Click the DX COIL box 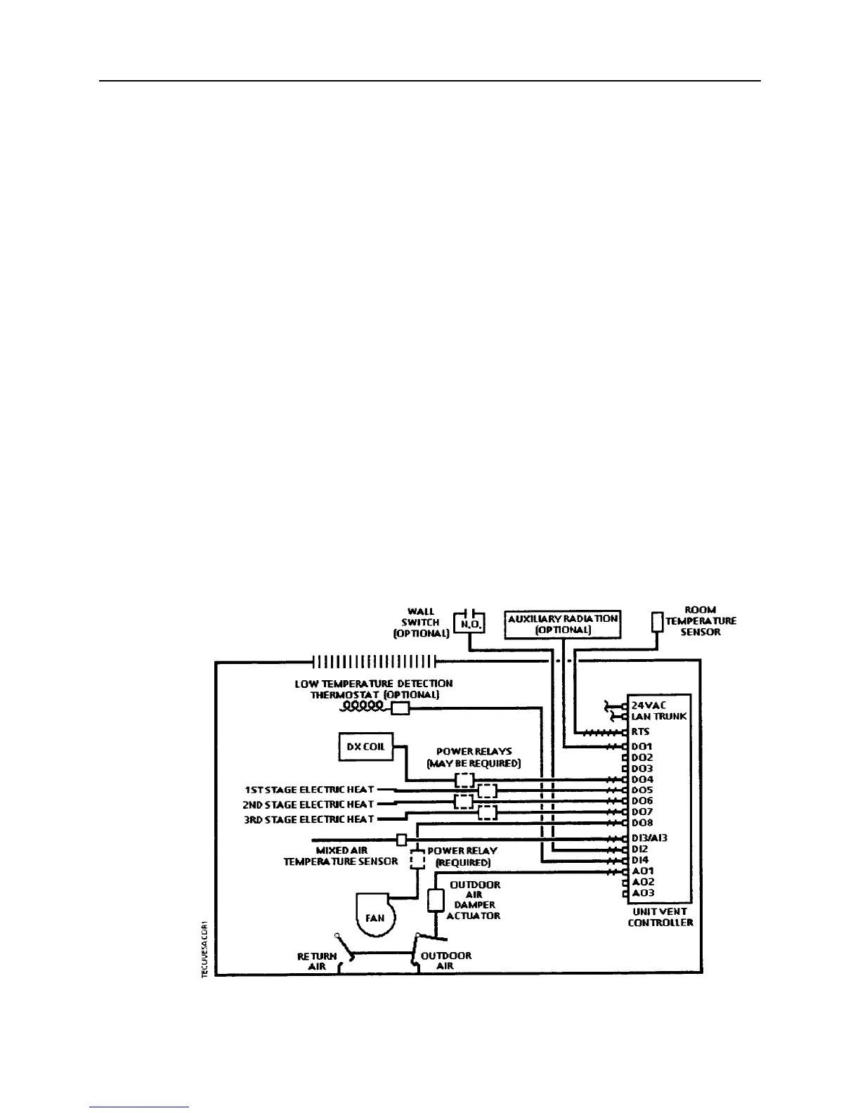(x=365, y=746)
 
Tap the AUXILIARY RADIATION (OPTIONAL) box (x=563, y=624)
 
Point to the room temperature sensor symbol (x=658, y=622)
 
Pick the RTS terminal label (x=640, y=731)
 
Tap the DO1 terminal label (x=642, y=746)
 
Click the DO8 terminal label (x=642, y=823)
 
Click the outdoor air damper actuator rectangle (x=436, y=900)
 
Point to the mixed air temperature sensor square (x=402, y=840)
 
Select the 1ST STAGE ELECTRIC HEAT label (x=309, y=789)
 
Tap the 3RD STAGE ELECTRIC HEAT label (x=309, y=819)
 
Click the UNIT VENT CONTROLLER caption (x=660, y=917)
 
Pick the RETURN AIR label (x=317, y=961)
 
